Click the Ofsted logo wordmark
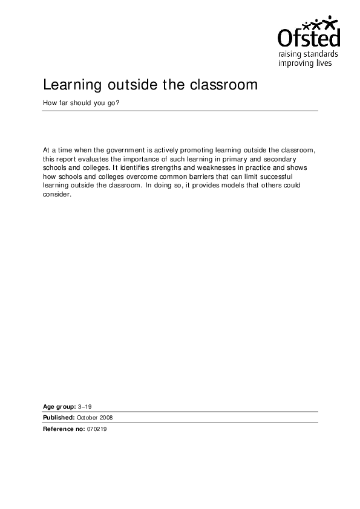(308, 39)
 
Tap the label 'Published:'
(58, 417)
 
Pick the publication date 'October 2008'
(94, 417)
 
